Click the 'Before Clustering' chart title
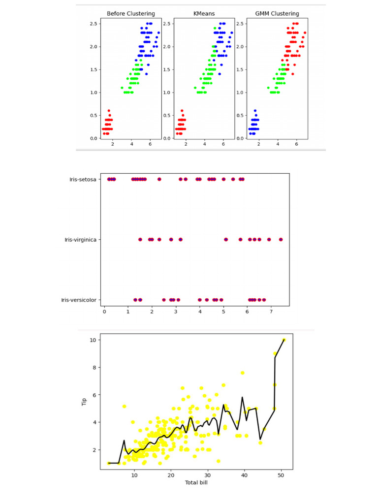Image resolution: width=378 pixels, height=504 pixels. click(x=130, y=14)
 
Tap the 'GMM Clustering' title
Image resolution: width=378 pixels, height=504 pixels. click(x=278, y=14)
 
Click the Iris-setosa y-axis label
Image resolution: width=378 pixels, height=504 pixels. click(x=83, y=180)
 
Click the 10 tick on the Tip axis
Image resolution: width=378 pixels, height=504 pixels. click(x=92, y=340)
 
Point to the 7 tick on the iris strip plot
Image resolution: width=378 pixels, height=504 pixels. click(x=271, y=312)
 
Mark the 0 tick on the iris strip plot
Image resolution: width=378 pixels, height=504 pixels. click(x=104, y=312)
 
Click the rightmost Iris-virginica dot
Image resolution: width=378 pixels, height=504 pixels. click(x=281, y=240)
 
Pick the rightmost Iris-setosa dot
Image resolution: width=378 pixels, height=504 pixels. click(x=243, y=180)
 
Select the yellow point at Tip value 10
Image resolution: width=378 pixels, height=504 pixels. click(x=284, y=340)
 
